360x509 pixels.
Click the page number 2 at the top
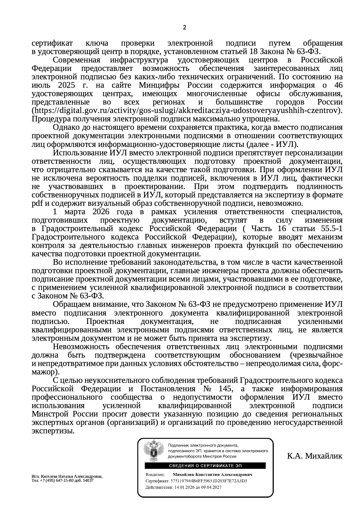[184, 28]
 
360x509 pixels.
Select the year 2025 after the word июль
[66, 85]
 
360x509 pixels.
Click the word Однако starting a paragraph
[66, 127]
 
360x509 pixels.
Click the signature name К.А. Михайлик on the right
[315, 456]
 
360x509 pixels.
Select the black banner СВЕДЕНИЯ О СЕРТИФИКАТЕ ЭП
[205, 466]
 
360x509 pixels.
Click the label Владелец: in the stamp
[155, 474]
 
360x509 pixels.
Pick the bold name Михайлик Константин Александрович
[212, 474]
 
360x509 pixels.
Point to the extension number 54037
[88, 480]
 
